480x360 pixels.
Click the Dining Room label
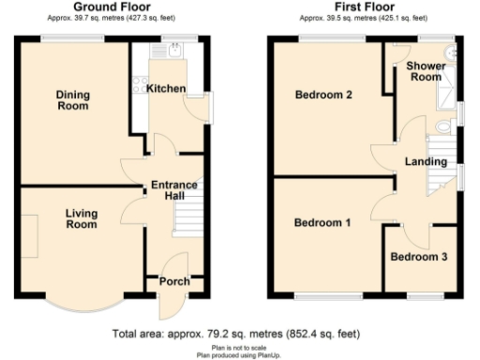click(x=71, y=99)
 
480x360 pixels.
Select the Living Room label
click(x=82, y=219)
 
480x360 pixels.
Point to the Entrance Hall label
click(x=174, y=190)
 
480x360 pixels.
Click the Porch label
click(x=174, y=281)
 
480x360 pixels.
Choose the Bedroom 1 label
click(x=322, y=223)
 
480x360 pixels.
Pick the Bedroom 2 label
click(x=323, y=95)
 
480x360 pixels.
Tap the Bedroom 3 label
click(x=419, y=257)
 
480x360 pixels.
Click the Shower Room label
click(x=425, y=71)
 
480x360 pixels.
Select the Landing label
click(x=425, y=161)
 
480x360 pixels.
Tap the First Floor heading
click(x=362, y=7)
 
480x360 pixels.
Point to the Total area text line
click(x=234, y=333)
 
